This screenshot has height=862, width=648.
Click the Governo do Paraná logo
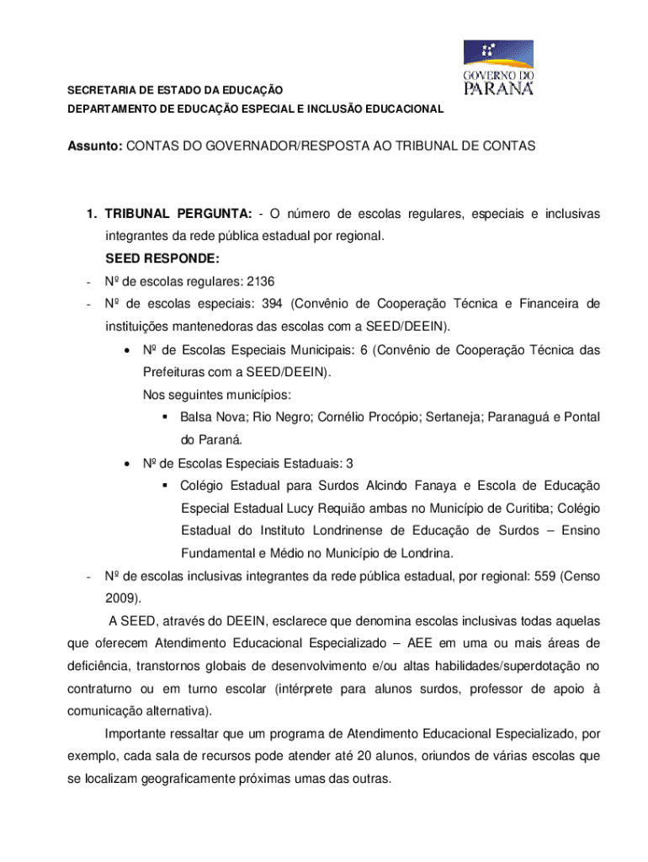click(498, 69)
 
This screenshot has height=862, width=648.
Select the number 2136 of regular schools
click(258, 281)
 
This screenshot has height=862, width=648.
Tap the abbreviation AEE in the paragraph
click(422, 644)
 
